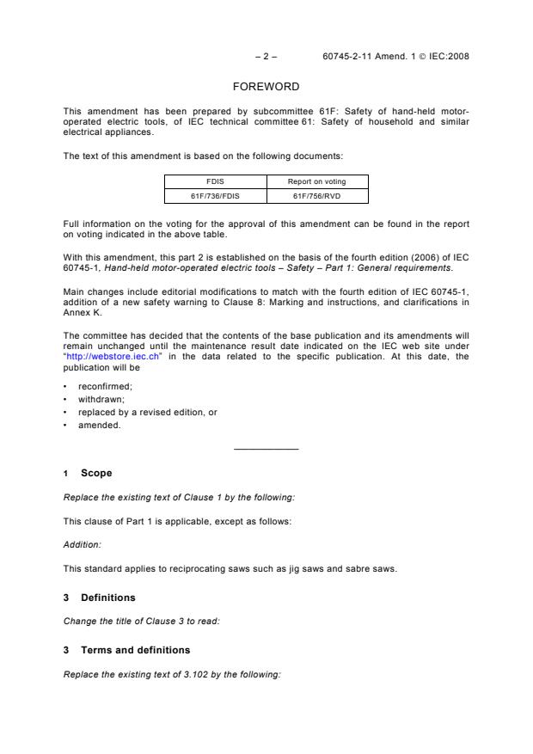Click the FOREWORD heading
tap(266, 87)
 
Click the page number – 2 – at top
tap(266, 57)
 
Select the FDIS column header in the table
tap(215, 181)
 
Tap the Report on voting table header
tap(317, 181)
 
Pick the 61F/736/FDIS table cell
tap(215, 196)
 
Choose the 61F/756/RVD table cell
tap(317, 196)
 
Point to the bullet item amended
tap(99, 425)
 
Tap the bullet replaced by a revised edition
tap(147, 412)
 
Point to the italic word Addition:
tap(79, 544)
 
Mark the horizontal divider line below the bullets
tap(266, 449)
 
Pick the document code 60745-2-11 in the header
tap(346, 57)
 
